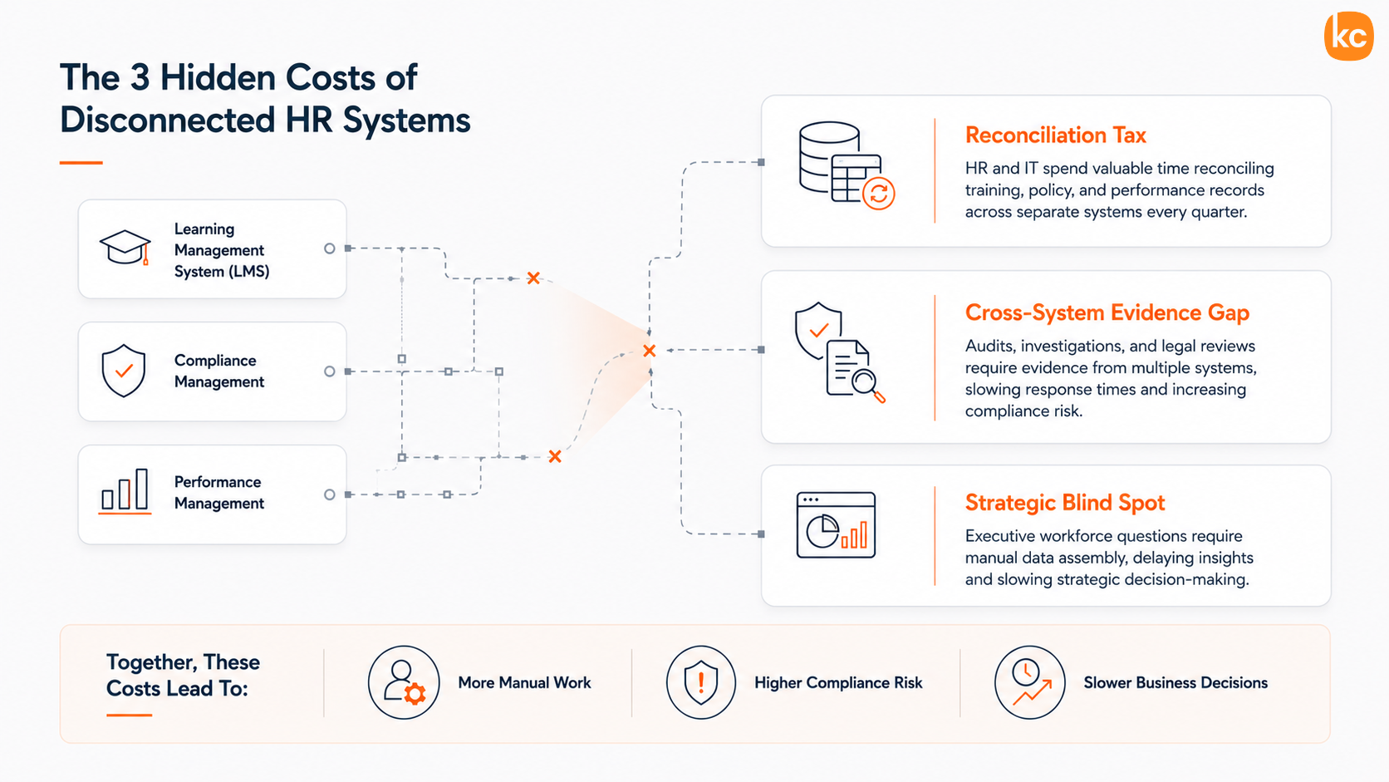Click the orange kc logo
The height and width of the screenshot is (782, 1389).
click(1348, 36)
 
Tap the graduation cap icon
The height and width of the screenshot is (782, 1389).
click(125, 248)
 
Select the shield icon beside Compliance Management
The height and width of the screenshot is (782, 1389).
click(124, 371)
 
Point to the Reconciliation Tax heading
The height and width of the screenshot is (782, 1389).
click(1055, 135)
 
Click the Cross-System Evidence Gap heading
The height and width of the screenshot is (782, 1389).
click(1107, 312)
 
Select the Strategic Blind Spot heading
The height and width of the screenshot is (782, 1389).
click(1065, 502)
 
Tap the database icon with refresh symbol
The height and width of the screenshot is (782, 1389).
click(847, 165)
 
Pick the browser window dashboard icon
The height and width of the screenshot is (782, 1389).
click(836, 525)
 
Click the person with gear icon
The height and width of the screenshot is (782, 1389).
click(404, 682)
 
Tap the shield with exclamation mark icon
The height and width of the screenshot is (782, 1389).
click(700, 682)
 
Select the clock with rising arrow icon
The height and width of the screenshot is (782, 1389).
click(1029, 682)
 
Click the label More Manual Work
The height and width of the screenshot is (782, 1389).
click(524, 683)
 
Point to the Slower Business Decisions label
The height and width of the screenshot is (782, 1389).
click(1175, 683)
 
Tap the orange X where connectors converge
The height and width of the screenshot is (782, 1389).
click(650, 351)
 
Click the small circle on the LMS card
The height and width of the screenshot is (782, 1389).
click(329, 248)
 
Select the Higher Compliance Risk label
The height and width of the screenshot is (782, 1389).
click(838, 683)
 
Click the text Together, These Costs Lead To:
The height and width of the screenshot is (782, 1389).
click(183, 676)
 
